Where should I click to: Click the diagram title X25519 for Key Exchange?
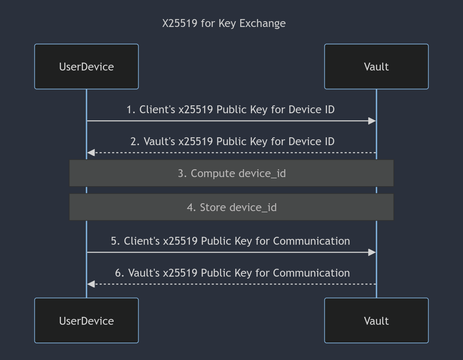click(x=224, y=23)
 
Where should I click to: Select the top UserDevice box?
click(x=87, y=66)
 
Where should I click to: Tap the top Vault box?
click(x=376, y=66)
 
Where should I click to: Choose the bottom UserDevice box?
click(x=87, y=321)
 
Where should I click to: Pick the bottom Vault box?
click(x=376, y=321)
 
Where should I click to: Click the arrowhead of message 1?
click(x=372, y=121)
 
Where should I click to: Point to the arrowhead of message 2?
click(x=91, y=153)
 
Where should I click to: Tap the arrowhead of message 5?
click(x=372, y=252)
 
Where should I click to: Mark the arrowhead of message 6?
click(x=91, y=284)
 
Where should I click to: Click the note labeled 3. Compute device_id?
click(x=231, y=173)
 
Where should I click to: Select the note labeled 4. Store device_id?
click(x=231, y=207)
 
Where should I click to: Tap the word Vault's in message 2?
click(x=159, y=141)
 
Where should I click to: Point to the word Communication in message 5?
click(x=312, y=241)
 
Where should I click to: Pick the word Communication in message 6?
click(x=312, y=273)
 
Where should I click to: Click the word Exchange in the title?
click(x=263, y=23)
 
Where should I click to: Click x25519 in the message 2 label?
click(x=196, y=141)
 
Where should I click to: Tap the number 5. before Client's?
click(x=115, y=241)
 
